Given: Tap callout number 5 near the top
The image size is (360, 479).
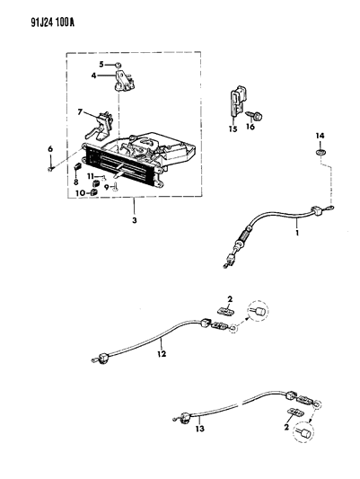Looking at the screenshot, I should pyautogui.click(x=103, y=65).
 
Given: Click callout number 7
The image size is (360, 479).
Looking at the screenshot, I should pyautogui.click(x=79, y=112).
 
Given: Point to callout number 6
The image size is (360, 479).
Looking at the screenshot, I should pyautogui.click(x=49, y=148).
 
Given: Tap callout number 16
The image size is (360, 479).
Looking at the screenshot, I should pyautogui.click(x=251, y=129).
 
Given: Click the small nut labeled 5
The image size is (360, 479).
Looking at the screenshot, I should pyautogui.click(x=118, y=65).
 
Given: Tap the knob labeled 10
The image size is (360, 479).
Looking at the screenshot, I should pyautogui.click(x=93, y=191).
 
